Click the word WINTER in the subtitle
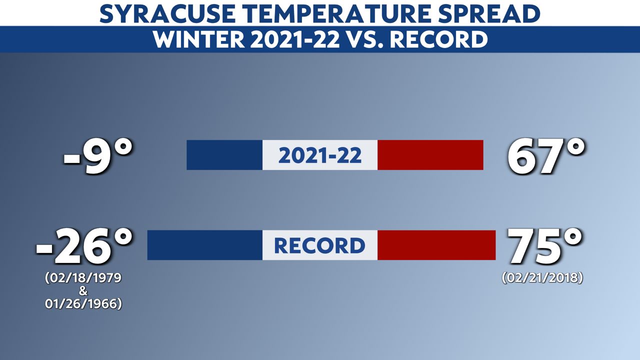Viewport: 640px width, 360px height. pos(199,39)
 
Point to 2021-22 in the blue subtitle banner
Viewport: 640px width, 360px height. pos(295,39)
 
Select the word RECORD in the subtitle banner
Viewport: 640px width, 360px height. pos(438,39)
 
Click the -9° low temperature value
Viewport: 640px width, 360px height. pos(98,156)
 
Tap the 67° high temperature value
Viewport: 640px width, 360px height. pos(545,156)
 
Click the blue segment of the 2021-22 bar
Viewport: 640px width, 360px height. pos(224,155)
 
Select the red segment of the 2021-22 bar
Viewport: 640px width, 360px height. pos(430,155)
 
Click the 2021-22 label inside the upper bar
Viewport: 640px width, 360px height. pos(320,155)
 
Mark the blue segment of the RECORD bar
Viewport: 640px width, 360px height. pos(205,245)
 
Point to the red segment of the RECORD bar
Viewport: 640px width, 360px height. pos(436,245)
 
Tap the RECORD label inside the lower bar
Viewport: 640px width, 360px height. pos(319,245)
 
